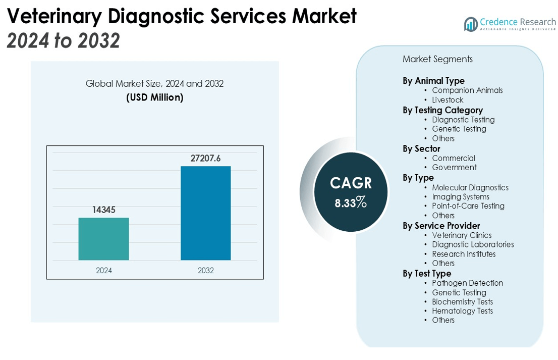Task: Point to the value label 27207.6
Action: [x=205, y=159]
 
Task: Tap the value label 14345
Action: [x=103, y=210]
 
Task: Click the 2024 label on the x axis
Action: [x=103, y=271]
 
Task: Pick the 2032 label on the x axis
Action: [x=205, y=271]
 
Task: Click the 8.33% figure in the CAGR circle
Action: [x=350, y=203]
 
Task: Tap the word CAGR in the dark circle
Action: [x=351, y=183]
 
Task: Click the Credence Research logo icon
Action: [x=471, y=24]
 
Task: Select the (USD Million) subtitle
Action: [x=154, y=97]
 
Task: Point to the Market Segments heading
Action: [x=437, y=59]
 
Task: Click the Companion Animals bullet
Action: [x=467, y=90]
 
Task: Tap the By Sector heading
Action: [x=421, y=148]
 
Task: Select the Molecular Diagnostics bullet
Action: [x=470, y=187]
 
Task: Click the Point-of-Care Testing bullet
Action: [x=468, y=206]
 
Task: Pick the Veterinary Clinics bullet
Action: [x=462, y=235]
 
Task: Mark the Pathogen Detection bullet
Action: [x=467, y=283]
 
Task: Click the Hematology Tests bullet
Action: [x=462, y=311]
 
